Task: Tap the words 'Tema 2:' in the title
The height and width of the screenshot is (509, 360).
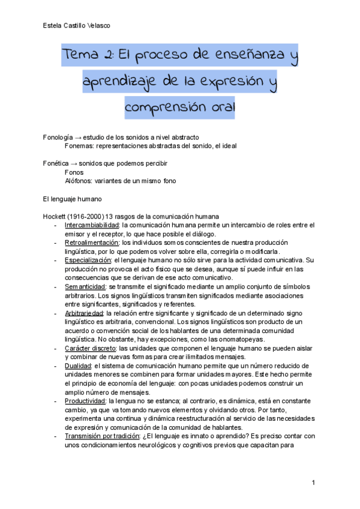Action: (x=88, y=58)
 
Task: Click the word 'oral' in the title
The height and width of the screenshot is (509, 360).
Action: (x=217, y=110)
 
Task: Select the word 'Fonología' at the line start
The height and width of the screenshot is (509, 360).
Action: (x=58, y=137)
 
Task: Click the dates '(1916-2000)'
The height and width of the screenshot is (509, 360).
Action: (x=86, y=216)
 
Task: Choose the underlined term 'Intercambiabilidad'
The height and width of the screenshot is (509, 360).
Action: (x=92, y=225)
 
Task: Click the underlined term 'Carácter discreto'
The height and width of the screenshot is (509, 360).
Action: (x=91, y=348)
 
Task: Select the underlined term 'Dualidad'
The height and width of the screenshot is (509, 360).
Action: (x=78, y=366)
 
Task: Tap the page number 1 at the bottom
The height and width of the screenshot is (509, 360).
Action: (x=313, y=483)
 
